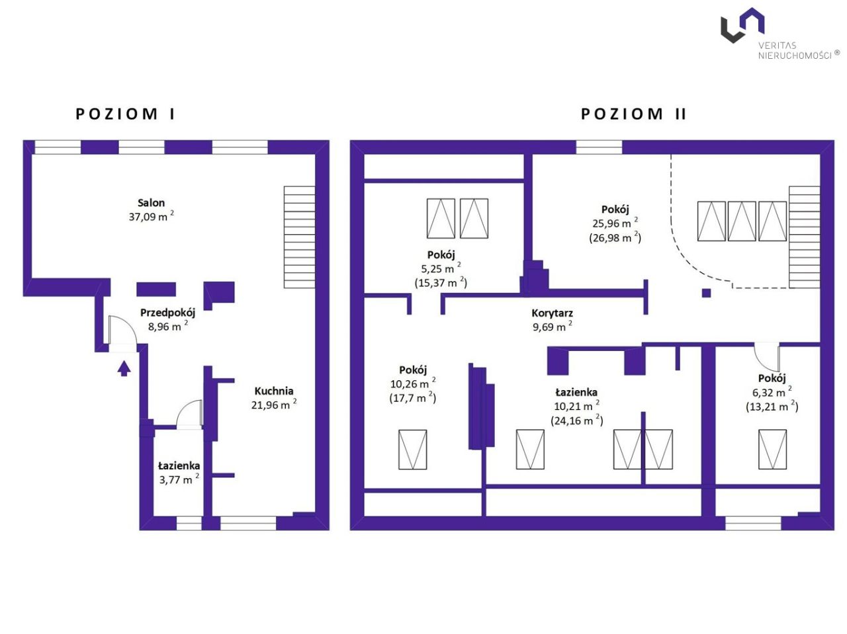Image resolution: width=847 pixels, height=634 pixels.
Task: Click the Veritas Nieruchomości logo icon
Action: click(742, 25)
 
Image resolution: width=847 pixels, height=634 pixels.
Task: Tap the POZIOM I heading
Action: click(125, 114)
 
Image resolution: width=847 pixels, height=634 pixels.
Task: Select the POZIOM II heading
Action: click(633, 114)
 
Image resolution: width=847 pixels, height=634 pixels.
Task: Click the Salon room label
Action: click(151, 203)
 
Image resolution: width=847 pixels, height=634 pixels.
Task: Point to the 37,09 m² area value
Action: click(151, 216)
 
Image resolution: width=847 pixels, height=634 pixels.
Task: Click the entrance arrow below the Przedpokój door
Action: click(124, 368)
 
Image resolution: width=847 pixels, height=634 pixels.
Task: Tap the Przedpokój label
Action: click(167, 313)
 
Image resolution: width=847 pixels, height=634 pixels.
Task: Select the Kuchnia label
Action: click(273, 391)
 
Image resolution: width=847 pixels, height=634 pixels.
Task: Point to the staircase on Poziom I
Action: click(299, 237)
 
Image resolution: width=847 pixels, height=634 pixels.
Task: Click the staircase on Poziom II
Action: click(804, 237)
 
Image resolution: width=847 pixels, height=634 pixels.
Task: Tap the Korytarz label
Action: click(552, 313)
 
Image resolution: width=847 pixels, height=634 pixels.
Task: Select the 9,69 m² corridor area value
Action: click(552, 327)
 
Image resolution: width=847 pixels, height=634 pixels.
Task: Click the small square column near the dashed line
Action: click(707, 293)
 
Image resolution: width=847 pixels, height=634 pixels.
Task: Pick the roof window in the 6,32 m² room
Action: click(772, 450)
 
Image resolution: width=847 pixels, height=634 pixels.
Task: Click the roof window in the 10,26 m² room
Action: click(412, 450)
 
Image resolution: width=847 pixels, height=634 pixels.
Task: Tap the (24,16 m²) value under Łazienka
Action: click(576, 420)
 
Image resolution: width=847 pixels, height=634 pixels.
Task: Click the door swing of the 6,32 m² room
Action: click(768, 357)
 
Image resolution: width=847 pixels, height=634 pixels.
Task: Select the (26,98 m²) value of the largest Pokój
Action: click(615, 237)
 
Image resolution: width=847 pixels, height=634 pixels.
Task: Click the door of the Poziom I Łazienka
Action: click(190, 415)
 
